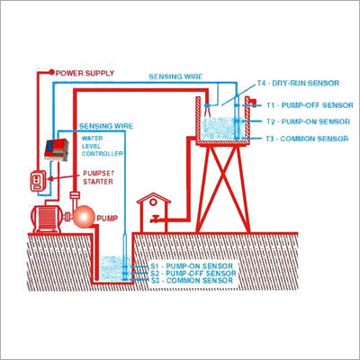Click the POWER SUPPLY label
tap(85, 73)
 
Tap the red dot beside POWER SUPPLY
tap(51, 72)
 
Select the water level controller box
tap(56, 149)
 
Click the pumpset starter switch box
tap(38, 181)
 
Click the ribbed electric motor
tap(47, 218)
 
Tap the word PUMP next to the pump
tap(107, 219)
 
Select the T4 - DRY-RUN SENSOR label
tap(298, 83)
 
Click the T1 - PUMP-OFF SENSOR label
tap(310, 105)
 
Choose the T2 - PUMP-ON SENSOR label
tap(309, 121)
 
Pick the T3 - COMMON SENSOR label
tap(307, 139)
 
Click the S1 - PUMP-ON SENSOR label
tap(192, 266)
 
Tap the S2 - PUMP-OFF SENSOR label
tap(193, 274)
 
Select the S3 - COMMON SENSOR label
tap(192, 281)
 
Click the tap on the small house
tap(155, 219)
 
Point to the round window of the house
tap(153, 202)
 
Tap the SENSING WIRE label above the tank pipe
tap(175, 76)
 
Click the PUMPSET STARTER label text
tap(98, 177)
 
